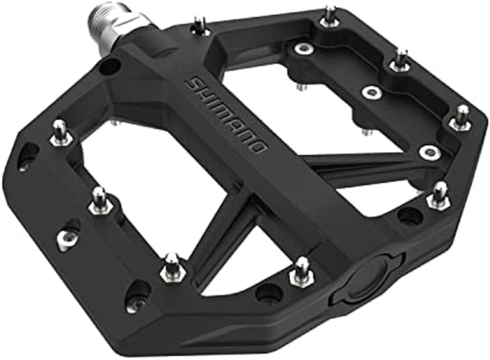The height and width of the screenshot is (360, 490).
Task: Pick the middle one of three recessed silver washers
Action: [x=369, y=92]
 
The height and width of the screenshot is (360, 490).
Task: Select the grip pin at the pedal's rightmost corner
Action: [x=461, y=119]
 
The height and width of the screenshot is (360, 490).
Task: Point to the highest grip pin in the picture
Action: [x=330, y=15]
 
